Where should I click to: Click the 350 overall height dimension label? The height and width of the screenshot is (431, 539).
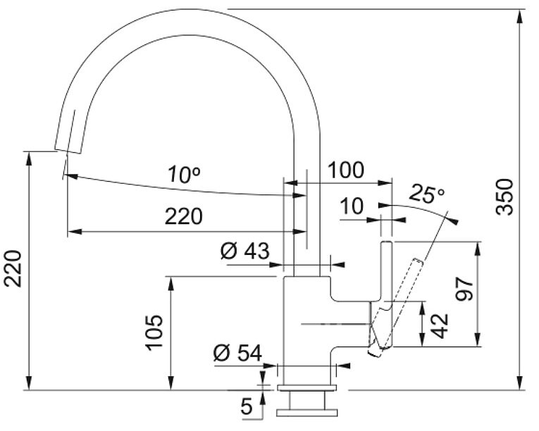505,197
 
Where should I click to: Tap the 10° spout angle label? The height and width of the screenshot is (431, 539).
185,175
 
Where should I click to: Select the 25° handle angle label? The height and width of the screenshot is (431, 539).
426,194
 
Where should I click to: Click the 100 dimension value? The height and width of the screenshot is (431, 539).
345,170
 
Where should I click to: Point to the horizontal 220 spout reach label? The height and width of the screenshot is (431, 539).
184,216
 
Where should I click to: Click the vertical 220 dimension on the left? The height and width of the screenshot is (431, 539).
13,269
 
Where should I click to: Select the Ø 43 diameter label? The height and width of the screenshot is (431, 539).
244,251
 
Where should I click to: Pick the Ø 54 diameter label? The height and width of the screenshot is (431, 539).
237,353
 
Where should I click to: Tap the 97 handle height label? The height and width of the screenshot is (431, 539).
464,289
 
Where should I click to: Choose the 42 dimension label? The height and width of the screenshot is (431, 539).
440,326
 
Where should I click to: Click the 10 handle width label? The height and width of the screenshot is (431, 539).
352,206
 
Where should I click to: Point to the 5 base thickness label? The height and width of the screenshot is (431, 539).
247,406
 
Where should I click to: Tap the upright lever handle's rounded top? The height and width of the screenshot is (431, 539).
386,243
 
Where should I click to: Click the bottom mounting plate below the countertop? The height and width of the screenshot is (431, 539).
307,413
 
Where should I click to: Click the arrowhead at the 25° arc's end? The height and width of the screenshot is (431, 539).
454,222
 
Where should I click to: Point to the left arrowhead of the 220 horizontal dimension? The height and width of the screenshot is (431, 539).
74,232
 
